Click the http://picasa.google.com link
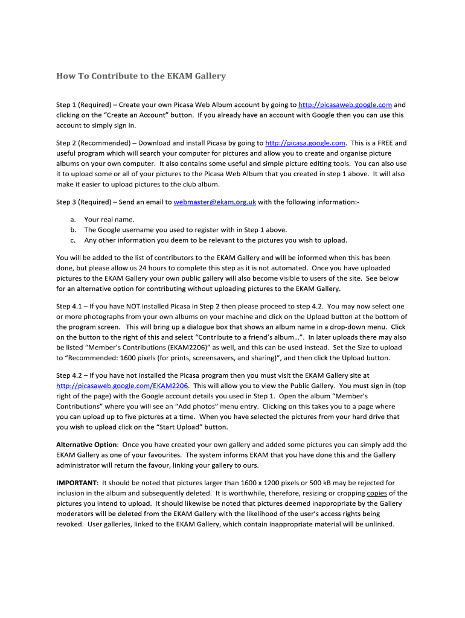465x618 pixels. [305, 143]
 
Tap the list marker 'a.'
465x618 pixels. [73, 220]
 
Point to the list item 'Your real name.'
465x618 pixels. [109, 220]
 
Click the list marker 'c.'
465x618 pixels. [73, 240]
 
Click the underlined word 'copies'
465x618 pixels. [377, 493]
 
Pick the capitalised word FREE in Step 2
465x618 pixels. [383, 143]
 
